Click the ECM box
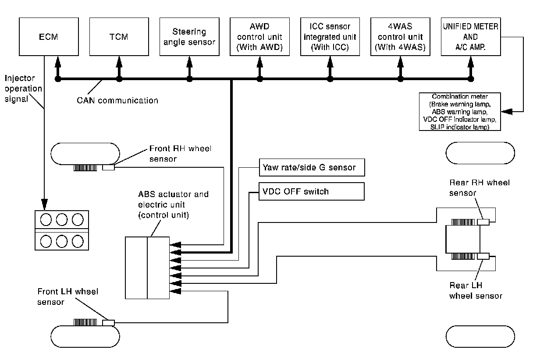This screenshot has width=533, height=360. (44, 36)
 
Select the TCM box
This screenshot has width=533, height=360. (119, 36)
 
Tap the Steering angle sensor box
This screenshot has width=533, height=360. (189, 36)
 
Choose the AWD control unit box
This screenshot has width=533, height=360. (259, 36)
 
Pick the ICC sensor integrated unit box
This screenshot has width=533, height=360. (330, 36)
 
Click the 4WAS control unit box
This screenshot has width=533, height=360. (400, 36)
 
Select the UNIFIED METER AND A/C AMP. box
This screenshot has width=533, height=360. (470, 36)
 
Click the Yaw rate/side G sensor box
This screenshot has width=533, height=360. (312, 167)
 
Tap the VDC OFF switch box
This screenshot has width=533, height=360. (312, 191)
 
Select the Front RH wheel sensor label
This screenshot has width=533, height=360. (180, 154)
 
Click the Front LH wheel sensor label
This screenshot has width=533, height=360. (68, 296)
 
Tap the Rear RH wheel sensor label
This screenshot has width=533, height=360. (480, 187)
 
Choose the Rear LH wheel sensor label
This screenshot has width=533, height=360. (476, 291)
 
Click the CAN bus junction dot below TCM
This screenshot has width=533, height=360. (119, 79)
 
